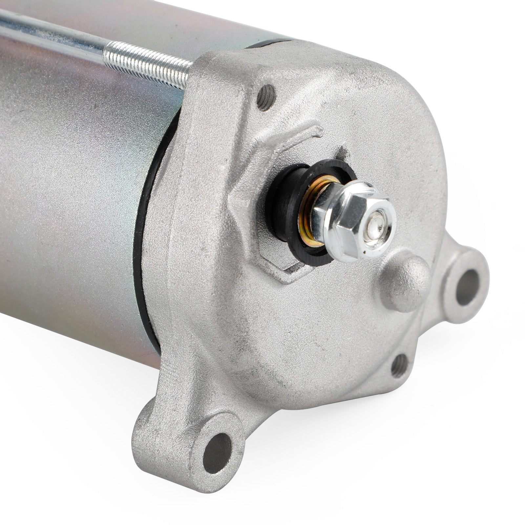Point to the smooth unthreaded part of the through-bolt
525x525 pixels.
pyautogui.click(x=49, y=31)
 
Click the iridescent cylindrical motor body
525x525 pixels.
pyautogui.click(x=72, y=197)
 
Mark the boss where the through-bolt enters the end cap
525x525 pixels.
pyautogui.click(x=213, y=75)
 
